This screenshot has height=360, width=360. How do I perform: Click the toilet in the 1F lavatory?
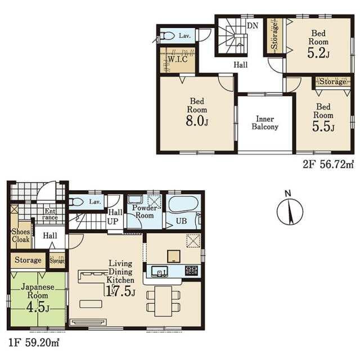click(x=76, y=202)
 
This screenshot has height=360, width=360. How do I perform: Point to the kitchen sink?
click(x=159, y=271)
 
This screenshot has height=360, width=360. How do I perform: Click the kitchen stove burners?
click(x=191, y=271)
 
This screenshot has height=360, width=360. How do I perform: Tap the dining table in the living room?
click(x=163, y=301)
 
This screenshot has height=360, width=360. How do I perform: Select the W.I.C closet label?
click(x=178, y=59)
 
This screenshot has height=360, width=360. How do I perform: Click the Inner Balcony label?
click(x=265, y=123)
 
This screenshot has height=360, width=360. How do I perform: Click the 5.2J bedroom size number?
click(x=318, y=53)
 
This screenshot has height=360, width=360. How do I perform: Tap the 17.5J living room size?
click(x=120, y=291)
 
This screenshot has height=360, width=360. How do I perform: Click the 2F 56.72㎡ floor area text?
click(x=328, y=164)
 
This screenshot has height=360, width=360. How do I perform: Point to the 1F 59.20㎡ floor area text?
click(x=34, y=343)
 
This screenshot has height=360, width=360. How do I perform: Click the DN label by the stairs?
click(x=253, y=25)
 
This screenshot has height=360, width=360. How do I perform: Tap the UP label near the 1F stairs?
click(x=112, y=222)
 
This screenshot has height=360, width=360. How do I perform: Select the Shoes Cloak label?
click(x=21, y=235)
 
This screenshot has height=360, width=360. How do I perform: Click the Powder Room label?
click(x=145, y=211)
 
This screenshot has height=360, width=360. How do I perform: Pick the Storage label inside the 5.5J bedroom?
click(x=333, y=82)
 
